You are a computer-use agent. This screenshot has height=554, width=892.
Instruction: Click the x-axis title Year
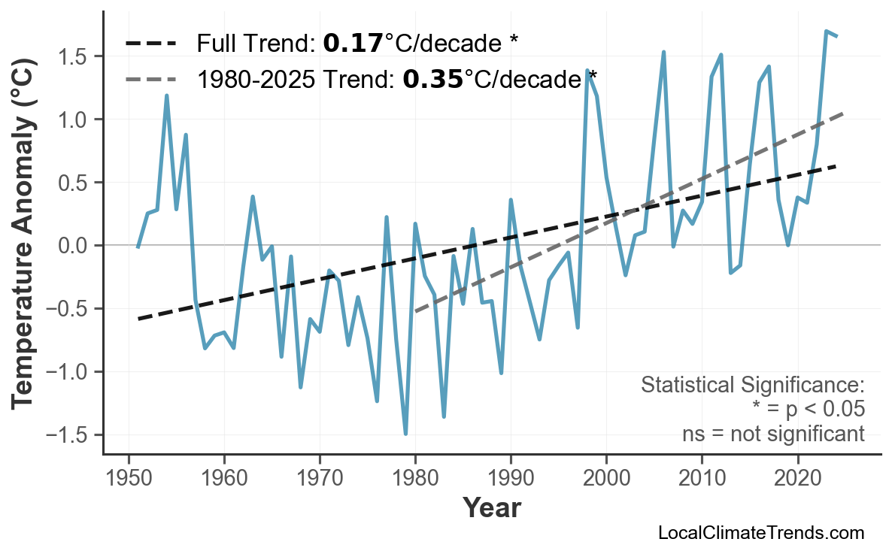tap(491, 508)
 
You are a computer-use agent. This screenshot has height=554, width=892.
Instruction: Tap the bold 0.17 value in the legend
tap(352, 44)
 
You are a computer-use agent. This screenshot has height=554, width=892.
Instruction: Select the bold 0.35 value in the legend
tap(432, 78)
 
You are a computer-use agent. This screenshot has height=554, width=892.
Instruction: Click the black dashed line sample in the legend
tap(151, 44)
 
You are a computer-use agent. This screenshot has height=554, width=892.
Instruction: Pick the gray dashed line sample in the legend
tap(151, 78)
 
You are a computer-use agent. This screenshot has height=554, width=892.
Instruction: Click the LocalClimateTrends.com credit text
tap(760, 534)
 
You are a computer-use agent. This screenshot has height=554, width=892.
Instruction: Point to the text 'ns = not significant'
tap(773, 434)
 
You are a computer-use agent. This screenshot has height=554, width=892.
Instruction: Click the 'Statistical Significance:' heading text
tap(752, 386)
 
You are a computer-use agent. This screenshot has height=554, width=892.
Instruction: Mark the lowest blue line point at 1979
tap(405, 434)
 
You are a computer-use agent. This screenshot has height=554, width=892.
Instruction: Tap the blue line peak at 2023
tap(826, 32)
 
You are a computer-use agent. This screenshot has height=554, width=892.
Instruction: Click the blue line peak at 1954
tap(166, 95)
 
